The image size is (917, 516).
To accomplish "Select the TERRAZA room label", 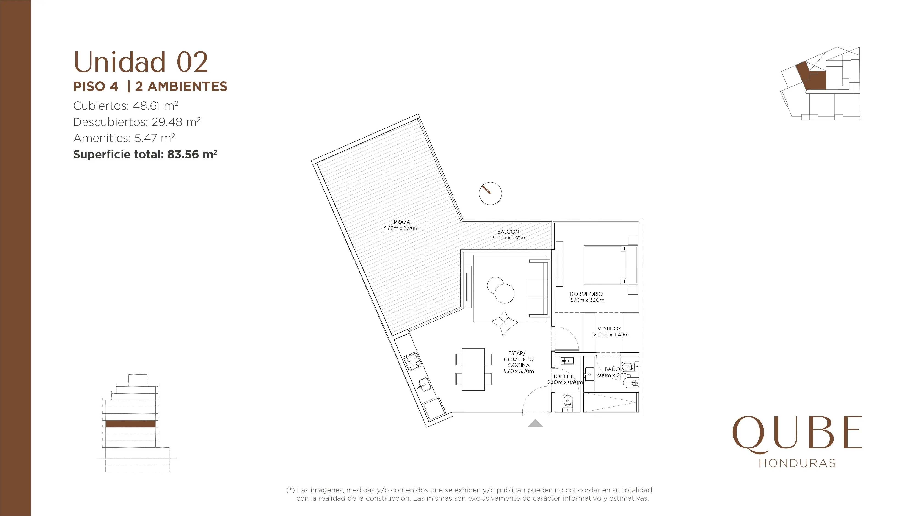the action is click(x=399, y=222).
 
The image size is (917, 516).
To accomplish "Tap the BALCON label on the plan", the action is click(x=508, y=231).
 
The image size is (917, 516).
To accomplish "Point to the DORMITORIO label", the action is click(x=586, y=294).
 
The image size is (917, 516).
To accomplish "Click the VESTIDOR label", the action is click(x=609, y=328).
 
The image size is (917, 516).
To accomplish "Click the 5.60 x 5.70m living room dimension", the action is click(x=519, y=371).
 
